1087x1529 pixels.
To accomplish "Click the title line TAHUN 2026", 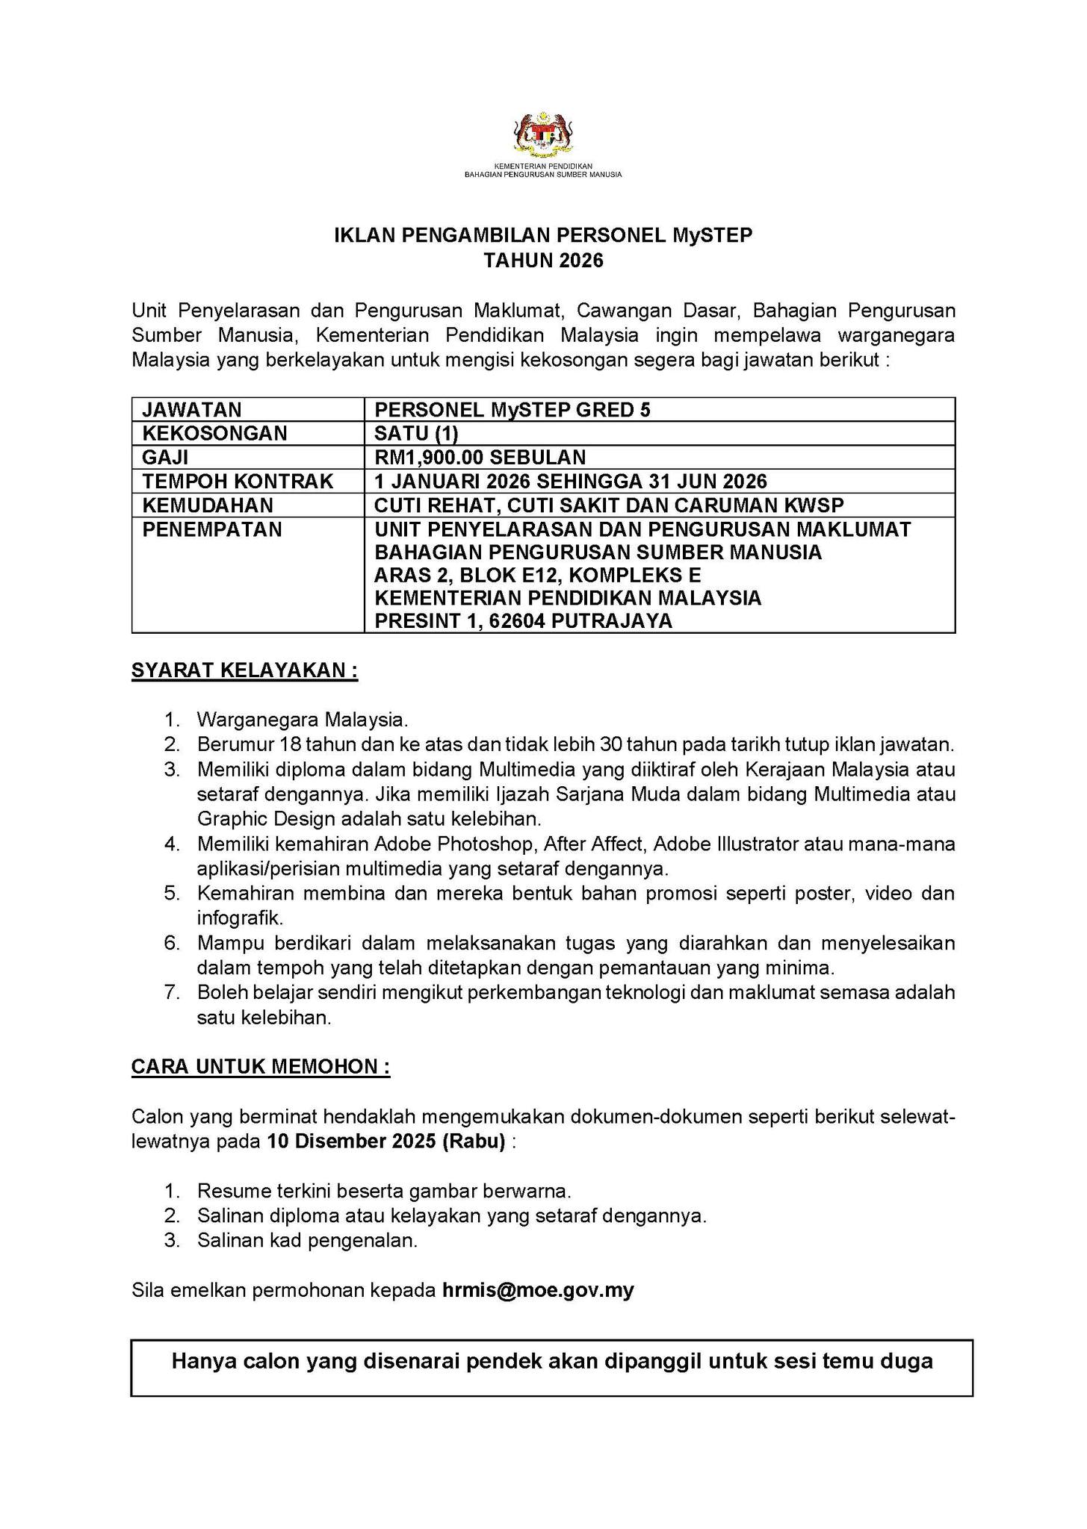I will click(543, 261).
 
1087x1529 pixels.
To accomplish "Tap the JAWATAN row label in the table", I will click(192, 410).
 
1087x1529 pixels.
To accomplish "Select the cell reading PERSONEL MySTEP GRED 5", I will click(512, 410).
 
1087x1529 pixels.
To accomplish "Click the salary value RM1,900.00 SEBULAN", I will click(480, 458).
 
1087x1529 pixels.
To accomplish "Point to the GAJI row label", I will click(165, 458).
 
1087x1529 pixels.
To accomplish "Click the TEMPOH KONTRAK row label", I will click(238, 482).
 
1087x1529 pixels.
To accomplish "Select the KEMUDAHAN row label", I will click(208, 505).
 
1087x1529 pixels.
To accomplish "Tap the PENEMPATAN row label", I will click(212, 529).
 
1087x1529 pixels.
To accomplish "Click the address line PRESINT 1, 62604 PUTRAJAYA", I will click(523, 621).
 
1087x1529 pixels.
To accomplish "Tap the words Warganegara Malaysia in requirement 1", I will click(302, 720).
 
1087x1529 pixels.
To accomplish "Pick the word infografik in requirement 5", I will click(239, 918).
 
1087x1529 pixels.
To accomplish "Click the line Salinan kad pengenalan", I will click(307, 1240).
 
